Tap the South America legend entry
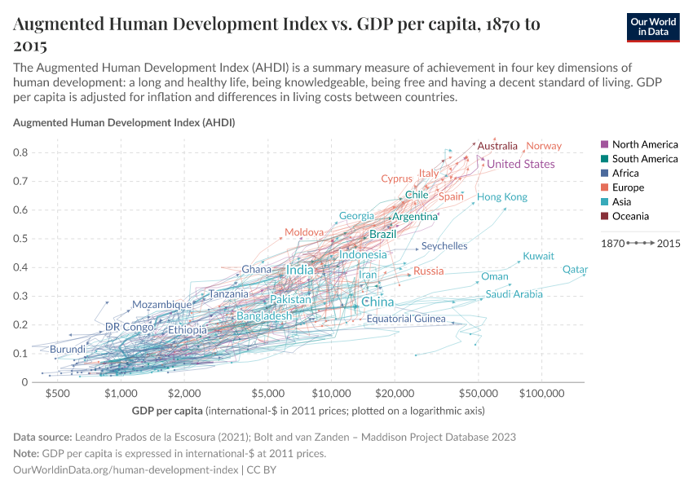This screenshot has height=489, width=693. coord(644,159)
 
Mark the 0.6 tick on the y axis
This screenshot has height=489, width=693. coord(22,210)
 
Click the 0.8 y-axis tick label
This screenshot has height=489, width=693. coord(22,152)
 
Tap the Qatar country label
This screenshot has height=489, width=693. coord(575,270)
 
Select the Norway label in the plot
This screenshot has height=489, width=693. coord(544,146)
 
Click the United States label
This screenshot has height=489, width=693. coord(520,164)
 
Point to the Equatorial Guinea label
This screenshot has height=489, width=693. coord(406,319)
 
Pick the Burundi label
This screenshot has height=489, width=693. coord(68,349)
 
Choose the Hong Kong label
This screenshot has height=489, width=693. coord(501,197)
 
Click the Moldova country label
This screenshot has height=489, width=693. coord(304,232)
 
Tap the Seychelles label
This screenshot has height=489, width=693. coord(444,245)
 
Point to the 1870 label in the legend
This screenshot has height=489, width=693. coord(612,243)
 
